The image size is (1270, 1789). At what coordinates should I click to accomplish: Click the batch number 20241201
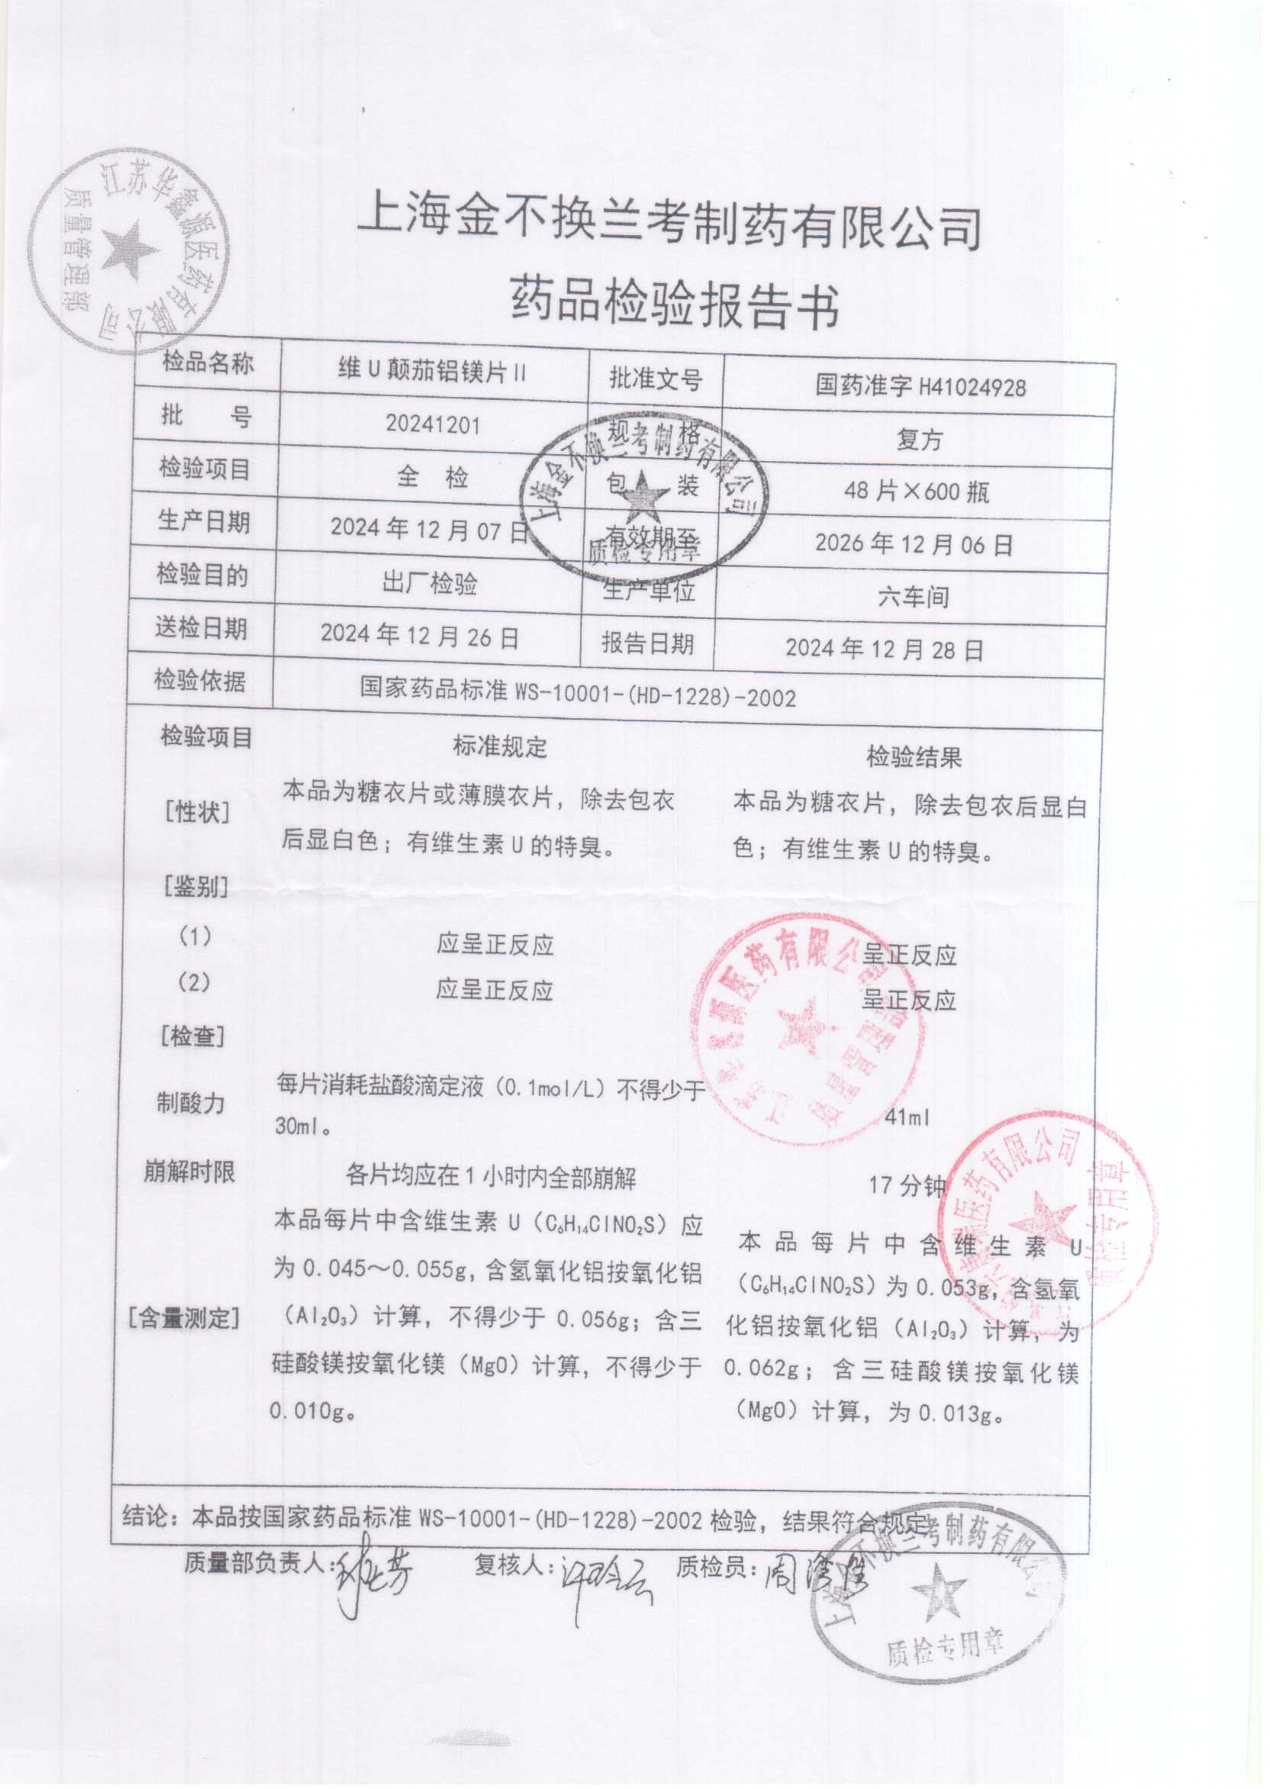(x=433, y=424)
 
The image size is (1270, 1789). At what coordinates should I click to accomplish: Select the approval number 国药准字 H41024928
(x=920, y=386)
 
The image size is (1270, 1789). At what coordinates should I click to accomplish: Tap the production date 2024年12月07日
(x=430, y=530)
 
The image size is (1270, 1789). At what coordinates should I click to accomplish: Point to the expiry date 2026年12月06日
(x=914, y=543)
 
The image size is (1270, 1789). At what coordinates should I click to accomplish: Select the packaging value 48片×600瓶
(x=917, y=491)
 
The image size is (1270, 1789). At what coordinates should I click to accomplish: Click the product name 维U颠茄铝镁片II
(x=433, y=371)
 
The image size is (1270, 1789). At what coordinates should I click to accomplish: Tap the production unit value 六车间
(x=914, y=598)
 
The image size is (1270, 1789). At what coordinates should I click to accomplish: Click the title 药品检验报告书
(x=674, y=305)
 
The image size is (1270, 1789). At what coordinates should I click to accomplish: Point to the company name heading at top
(x=669, y=227)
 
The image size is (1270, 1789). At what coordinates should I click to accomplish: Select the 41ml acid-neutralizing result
(x=907, y=1118)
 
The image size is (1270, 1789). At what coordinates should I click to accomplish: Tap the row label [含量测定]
(x=185, y=1318)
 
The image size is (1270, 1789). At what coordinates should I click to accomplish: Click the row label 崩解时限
(x=189, y=1172)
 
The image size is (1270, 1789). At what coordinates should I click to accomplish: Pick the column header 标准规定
(x=500, y=746)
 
